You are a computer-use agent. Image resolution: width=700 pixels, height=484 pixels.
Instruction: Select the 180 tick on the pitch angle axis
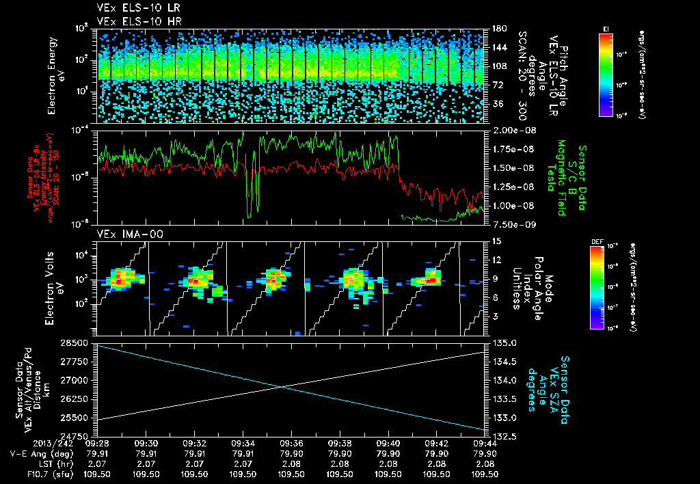pos(498,29)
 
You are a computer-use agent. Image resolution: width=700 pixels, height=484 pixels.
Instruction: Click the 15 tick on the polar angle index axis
pos(496,241)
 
